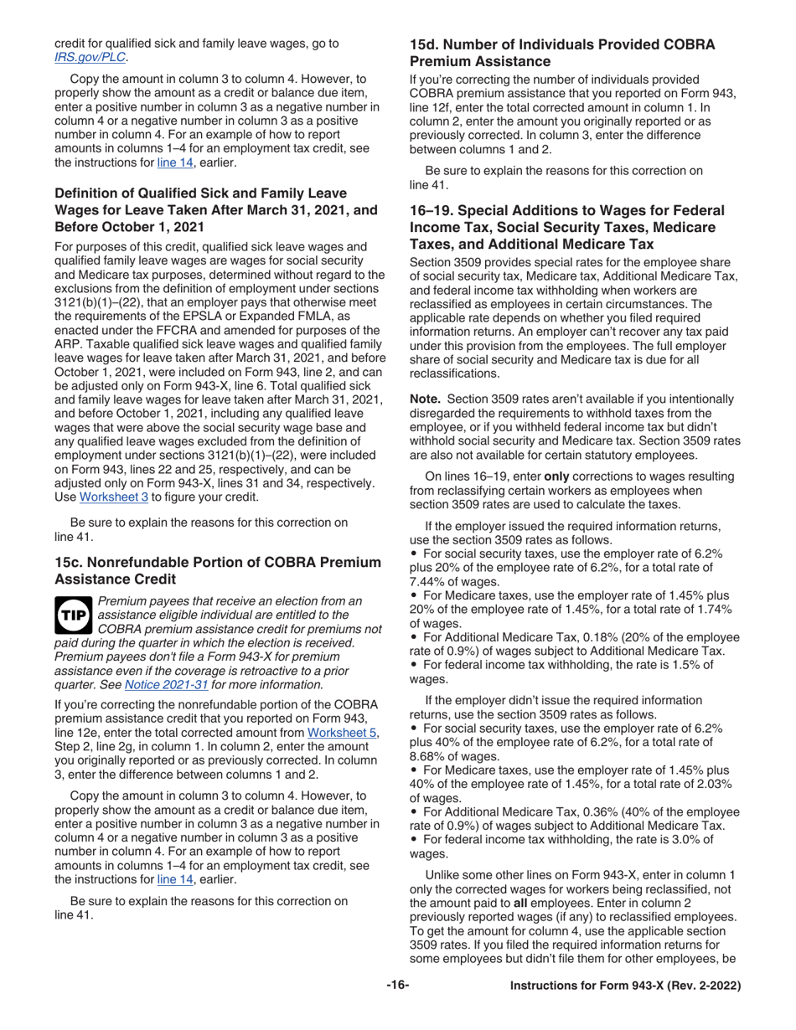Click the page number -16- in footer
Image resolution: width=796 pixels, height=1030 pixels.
[x=397, y=986]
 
